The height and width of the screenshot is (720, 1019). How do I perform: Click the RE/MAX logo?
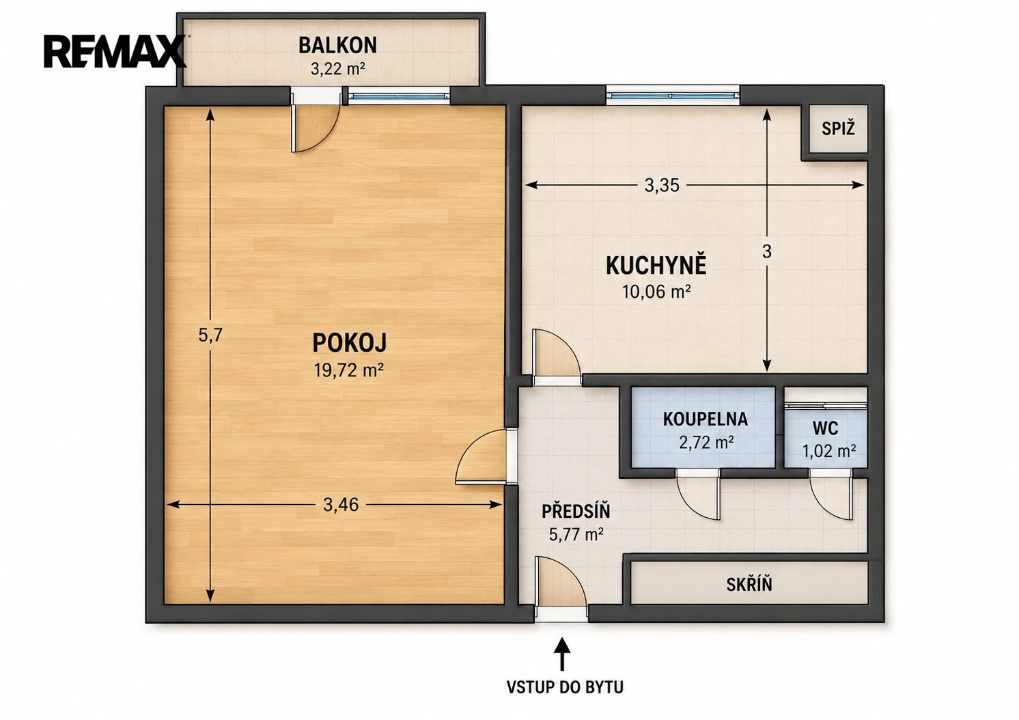(x=115, y=51)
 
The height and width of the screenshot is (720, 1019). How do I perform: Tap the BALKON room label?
(x=337, y=45)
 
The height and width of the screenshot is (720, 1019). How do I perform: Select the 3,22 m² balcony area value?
(x=337, y=69)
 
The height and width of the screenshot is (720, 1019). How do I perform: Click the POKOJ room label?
(x=350, y=343)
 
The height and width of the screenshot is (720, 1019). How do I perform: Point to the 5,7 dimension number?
(x=210, y=335)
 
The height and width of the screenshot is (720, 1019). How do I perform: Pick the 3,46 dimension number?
(x=341, y=504)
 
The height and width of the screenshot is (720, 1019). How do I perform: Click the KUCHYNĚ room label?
(x=656, y=266)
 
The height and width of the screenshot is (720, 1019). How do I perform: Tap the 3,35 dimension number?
(x=662, y=185)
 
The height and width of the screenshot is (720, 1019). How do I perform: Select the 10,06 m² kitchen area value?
(x=656, y=291)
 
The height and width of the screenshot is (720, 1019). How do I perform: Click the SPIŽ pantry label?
(x=838, y=129)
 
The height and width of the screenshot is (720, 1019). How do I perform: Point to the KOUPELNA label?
(x=705, y=419)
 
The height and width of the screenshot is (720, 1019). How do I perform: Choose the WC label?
(x=825, y=428)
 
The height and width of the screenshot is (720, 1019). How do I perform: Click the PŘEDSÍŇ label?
(x=576, y=511)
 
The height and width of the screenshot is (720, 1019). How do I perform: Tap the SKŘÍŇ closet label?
(x=749, y=584)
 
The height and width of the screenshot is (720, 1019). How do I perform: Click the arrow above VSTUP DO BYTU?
(x=562, y=654)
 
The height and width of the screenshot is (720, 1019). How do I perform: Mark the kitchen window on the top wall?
(x=673, y=96)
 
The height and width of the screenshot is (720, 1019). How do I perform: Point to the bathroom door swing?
(x=698, y=496)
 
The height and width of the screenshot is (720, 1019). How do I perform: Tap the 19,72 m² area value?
(x=348, y=370)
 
